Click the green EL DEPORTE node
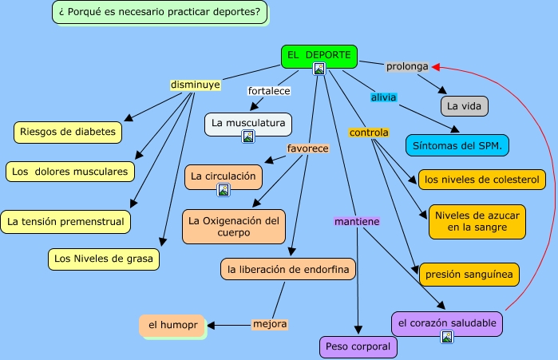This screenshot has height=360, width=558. click(319, 55)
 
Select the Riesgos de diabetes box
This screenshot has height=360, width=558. click(68, 132)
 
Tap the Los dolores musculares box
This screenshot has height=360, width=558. click(69, 171)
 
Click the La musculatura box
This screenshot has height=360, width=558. click(247, 123)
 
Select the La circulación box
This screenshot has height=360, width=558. click(223, 176)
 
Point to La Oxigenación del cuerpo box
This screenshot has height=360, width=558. click(234, 226)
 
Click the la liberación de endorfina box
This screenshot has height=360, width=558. click(288, 270)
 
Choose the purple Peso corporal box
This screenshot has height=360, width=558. click(358, 346)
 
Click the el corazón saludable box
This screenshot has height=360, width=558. click(447, 322)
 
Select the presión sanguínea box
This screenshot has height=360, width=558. click(469, 274)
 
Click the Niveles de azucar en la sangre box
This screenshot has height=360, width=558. click(477, 221)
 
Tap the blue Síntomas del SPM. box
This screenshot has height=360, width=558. click(457, 146)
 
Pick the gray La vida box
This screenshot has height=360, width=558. click(464, 105)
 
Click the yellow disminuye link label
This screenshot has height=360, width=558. click(196, 84)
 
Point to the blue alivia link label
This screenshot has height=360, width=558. click(383, 97)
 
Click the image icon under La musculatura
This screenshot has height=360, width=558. click(247, 136)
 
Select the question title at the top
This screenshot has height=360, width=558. click(160, 12)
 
